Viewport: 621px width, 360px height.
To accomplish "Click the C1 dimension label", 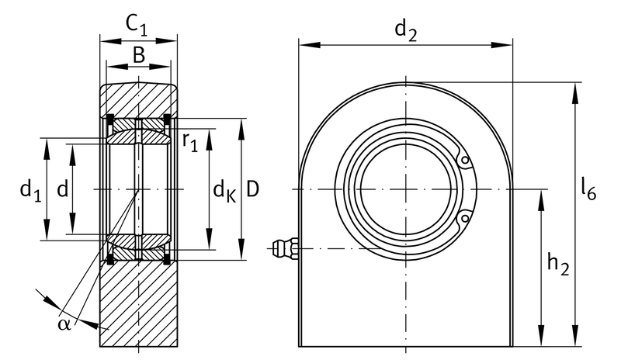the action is pos(137,26).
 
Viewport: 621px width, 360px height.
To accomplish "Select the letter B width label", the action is pos(139,55).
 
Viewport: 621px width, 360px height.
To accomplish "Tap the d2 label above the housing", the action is pos(406,31).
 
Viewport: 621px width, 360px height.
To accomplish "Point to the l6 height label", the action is pos(588,189).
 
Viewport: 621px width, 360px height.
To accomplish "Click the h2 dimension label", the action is pos(558,265).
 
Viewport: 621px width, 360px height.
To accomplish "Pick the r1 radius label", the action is pos(190,142).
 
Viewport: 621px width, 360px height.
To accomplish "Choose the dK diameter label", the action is pos(224,192).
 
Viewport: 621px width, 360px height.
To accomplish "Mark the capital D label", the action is pos(253,189).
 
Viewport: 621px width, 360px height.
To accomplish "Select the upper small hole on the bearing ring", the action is pos(465,161).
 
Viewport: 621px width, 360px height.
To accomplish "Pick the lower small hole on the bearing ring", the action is pos(465,218).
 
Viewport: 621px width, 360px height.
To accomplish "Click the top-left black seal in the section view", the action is pos(109,118).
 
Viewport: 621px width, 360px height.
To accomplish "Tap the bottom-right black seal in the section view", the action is pos(167,260).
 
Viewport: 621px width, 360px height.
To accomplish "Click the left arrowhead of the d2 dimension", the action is pos(309,44).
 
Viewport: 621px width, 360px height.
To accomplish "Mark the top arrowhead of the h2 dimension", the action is pos(541,199).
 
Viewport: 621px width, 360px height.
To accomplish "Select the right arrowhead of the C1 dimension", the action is pos(167,41).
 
